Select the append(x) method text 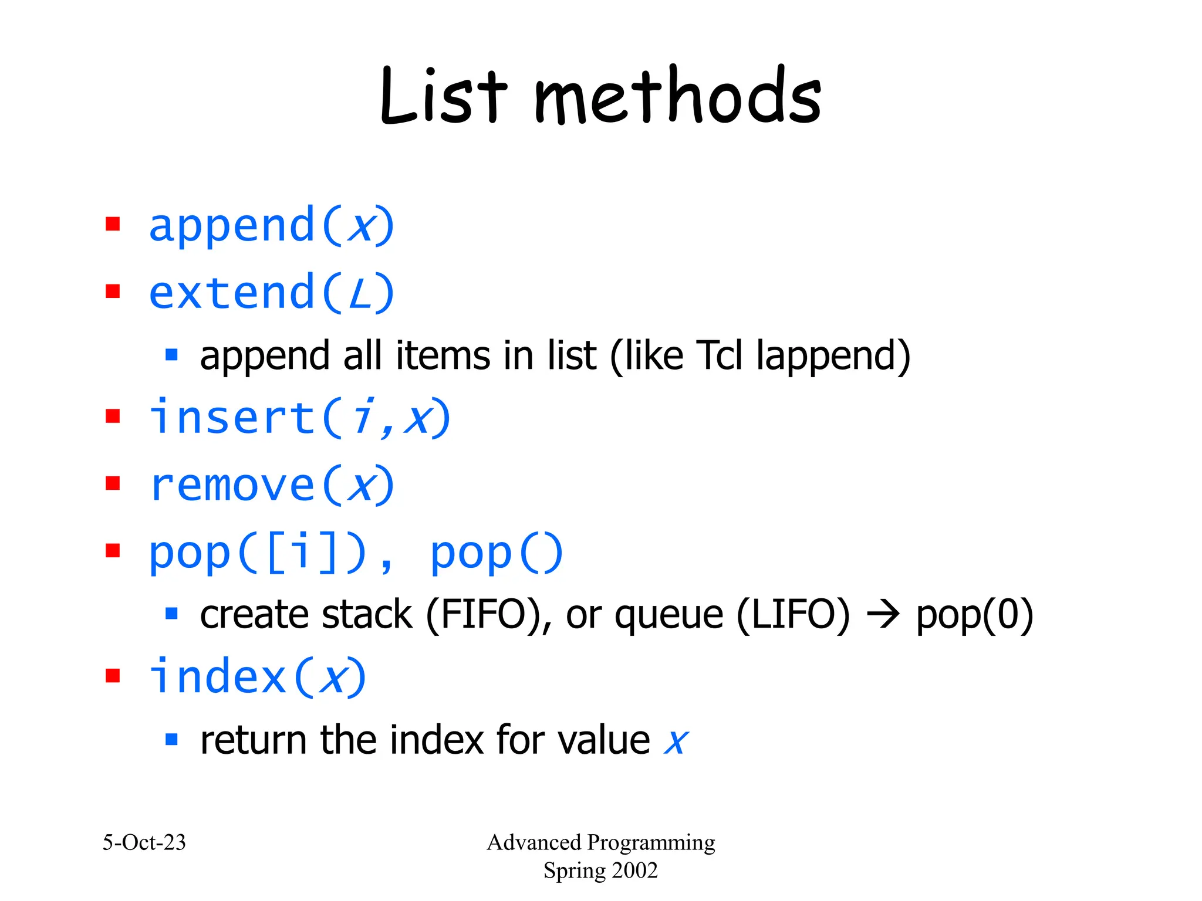(x=271, y=226)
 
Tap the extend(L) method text (x=271, y=293)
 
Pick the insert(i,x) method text (x=299, y=418)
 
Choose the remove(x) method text (x=271, y=485)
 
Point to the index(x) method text (x=257, y=678)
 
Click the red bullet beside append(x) (x=113, y=224)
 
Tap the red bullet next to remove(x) (x=113, y=483)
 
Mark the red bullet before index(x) (x=113, y=676)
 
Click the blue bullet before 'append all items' (x=171, y=354)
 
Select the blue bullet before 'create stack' (x=171, y=614)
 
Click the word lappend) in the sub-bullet (x=833, y=356)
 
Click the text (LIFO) (x=792, y=615)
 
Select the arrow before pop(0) (x=883, y=615)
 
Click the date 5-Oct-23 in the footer (x=144, y=842)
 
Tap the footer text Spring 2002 (x=600, y=870)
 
